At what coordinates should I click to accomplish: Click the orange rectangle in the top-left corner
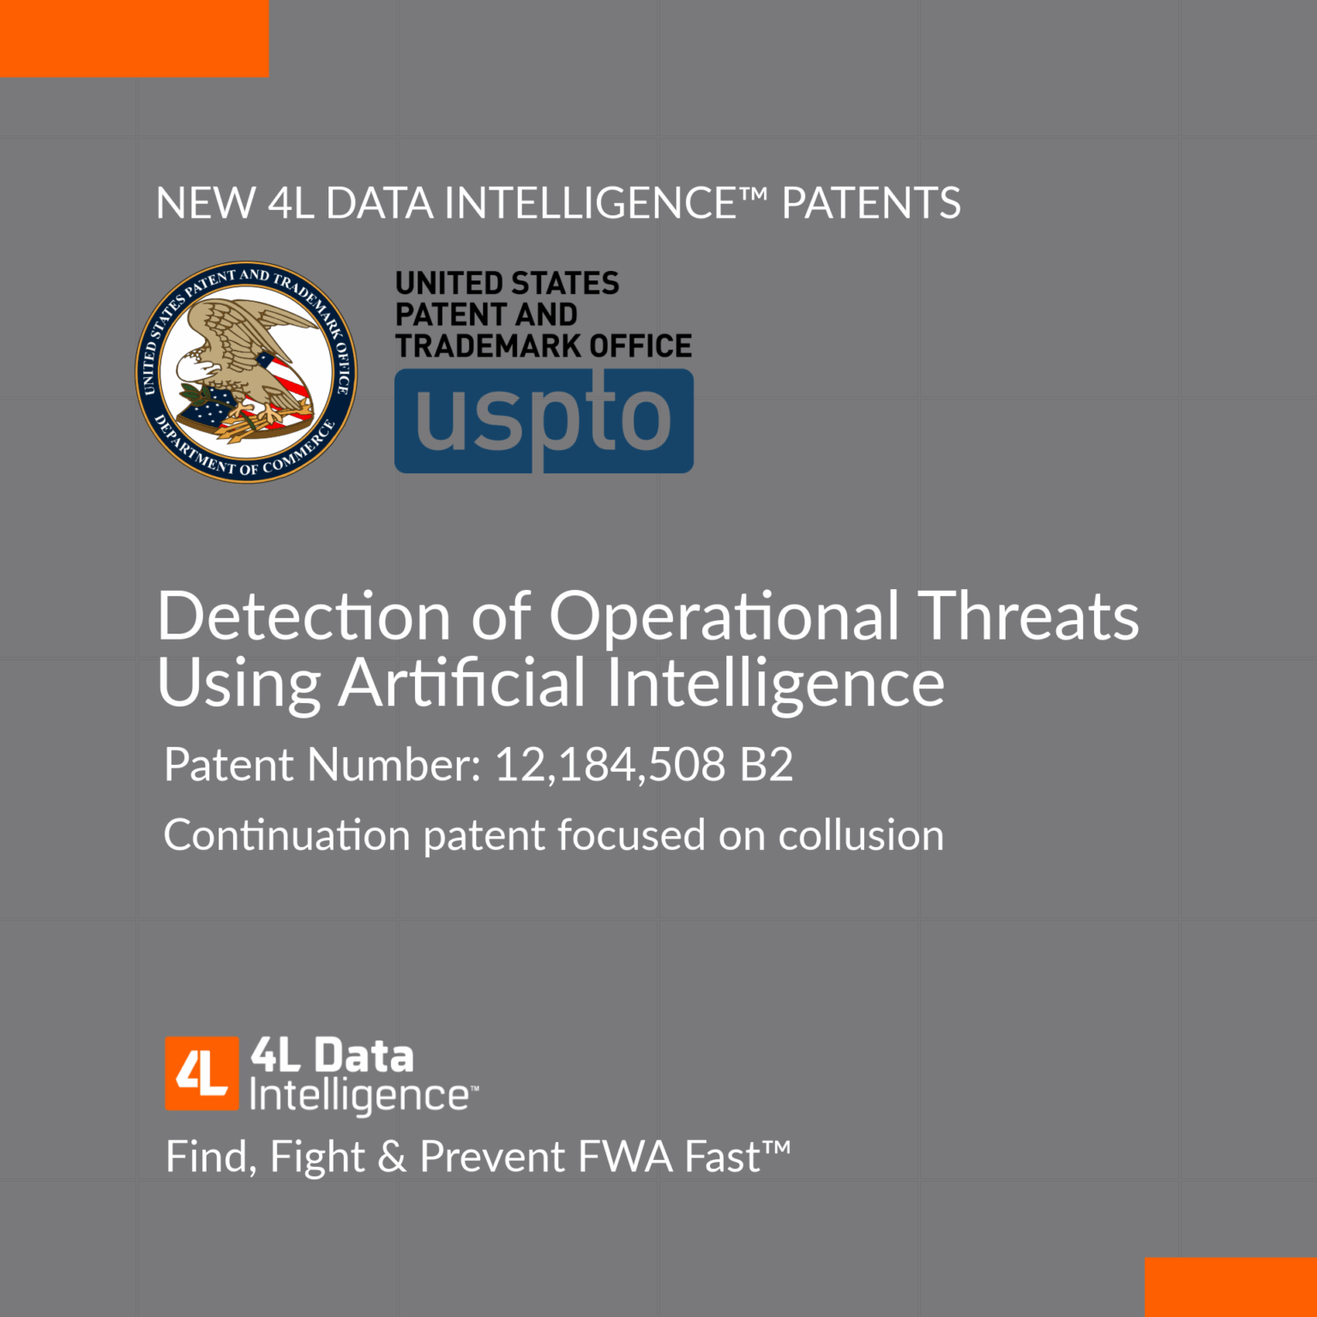tap(134, 38)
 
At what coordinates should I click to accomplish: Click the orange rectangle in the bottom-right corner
tap(1230, 1286)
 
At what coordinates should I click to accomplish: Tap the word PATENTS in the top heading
tap(871, 204)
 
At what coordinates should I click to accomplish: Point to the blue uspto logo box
tap(544, 420)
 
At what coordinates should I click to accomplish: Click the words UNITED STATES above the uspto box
tap(507, 284)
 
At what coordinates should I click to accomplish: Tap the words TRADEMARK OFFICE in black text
tap(544, 346)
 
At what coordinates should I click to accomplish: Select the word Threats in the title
tap(1028, 617)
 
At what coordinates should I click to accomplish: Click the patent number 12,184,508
tap(610, 765)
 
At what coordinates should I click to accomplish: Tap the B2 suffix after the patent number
tap(767, 765)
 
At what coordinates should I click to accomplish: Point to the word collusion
tap(861, 836)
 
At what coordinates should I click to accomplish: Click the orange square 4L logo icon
tap(201, 1073)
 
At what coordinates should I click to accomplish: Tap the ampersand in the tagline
tap(392, 1158)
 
